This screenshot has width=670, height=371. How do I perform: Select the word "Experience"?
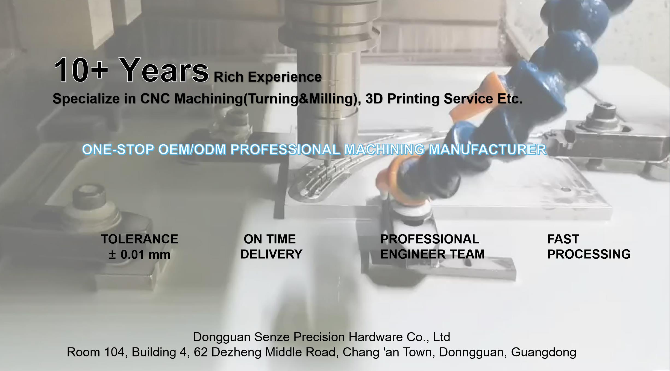click(x=285, y=77)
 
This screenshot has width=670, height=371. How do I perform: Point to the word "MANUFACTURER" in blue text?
click(x=487, y=150)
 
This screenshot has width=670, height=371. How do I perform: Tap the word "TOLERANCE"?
click(x=140, y=239)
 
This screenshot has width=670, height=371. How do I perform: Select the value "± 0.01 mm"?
click(x=140, y=255)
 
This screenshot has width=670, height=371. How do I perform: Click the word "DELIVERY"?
click(x=271, y=254)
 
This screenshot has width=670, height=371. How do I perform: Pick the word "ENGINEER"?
click(x=413, y=254)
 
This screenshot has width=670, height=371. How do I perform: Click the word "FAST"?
click(x=563, y=239)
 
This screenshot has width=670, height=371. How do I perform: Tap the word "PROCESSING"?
click(x=589, y=254)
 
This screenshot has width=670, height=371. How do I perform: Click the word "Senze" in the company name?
click(x=272, y=337)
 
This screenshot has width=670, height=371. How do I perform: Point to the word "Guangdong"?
click(x=544, y=352)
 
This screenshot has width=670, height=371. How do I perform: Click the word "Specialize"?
click(x=86, y=99)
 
